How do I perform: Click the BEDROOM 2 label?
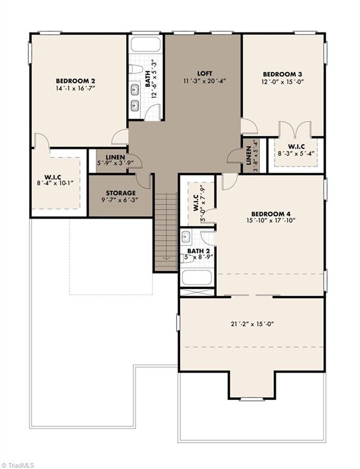click(x=75, y=80)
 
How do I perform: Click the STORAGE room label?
click(x=120, y=193)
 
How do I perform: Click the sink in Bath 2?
click(x=187, y=237)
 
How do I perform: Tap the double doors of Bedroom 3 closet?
click(x=295, y=129)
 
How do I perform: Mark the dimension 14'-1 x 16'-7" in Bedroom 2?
click(x=75, y=88)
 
